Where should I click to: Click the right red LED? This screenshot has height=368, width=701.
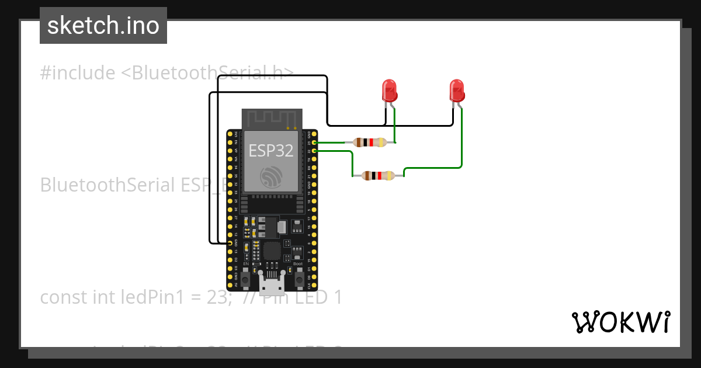pos(457,91)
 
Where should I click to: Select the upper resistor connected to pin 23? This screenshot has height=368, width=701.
pos(369,142)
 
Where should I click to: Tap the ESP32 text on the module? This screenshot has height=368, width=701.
pos(271,151)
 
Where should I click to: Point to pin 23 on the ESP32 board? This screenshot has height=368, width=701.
pos(315,143)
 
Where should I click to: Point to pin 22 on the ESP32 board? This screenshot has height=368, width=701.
pos(315,151)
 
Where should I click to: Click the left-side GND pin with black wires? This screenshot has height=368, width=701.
pos(229,242)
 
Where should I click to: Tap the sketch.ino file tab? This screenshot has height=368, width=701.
pos(103,26)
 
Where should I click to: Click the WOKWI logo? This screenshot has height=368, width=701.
pos(620,322)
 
